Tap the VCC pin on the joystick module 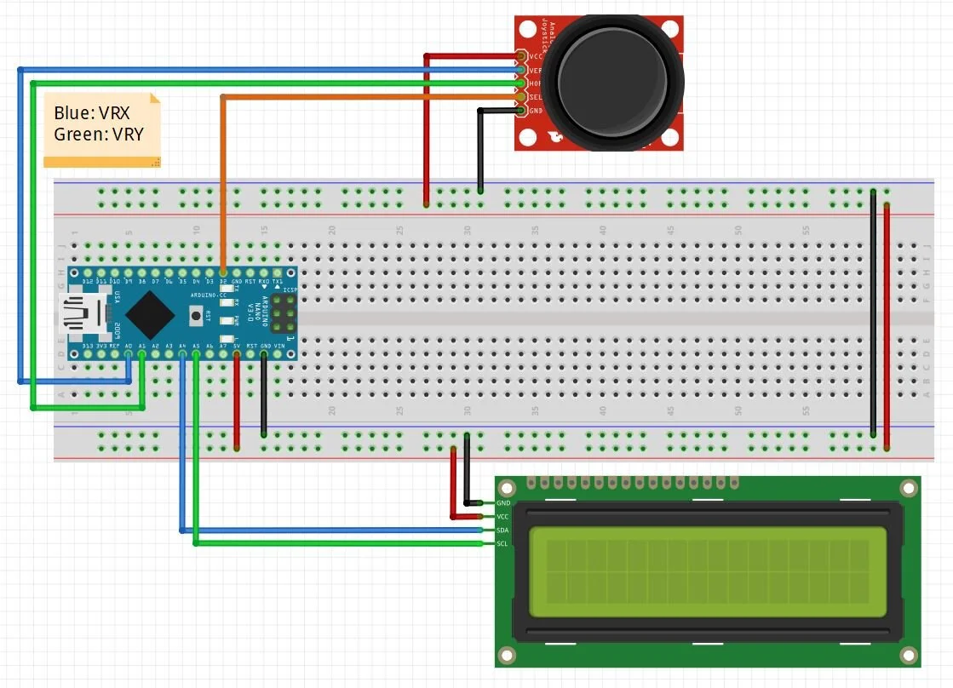pos(521,56)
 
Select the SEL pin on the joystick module pos(521,97)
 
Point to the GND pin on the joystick pos(521,111)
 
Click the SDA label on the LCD pos(502,530)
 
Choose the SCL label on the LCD pos(502,543)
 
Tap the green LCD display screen pos(707,571)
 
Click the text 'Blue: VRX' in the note pos(92,113)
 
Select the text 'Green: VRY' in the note pos(98,134)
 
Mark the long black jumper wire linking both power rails pos(873,315)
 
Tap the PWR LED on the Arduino pos(227,321)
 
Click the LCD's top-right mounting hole pos(909,488)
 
